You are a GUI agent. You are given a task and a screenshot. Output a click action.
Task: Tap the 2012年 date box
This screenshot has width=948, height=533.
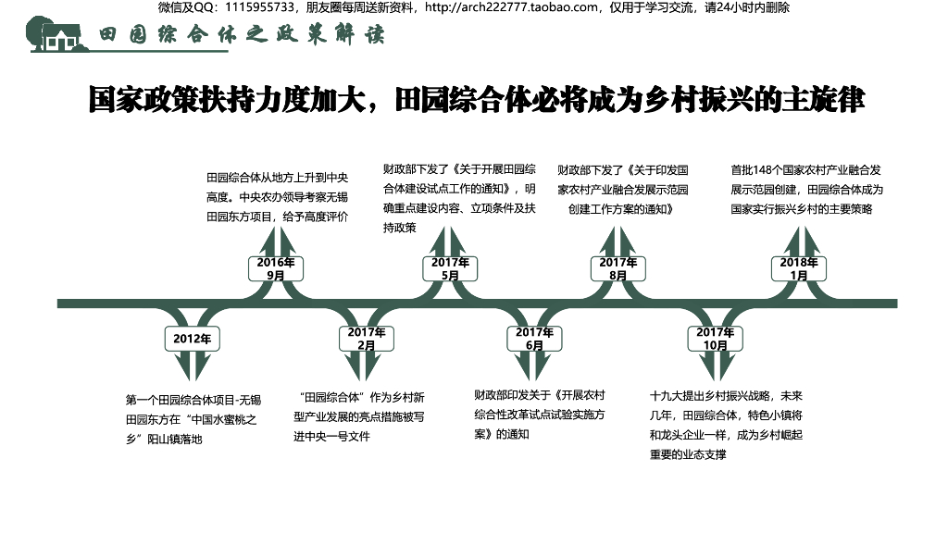(x=192, y=339)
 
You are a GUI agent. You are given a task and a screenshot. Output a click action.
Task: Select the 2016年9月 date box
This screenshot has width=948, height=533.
(x=276, y=268)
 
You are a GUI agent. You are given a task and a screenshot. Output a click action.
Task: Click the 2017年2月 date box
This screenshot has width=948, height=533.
(x=367, y=339)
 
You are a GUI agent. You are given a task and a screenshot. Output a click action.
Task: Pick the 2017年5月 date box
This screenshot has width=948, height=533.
(x=450, y=268)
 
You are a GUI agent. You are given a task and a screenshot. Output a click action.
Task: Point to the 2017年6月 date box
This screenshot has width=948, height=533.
(x=534, y=339)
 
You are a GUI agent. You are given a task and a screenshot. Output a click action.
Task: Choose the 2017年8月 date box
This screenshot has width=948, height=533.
(x=618, y=268)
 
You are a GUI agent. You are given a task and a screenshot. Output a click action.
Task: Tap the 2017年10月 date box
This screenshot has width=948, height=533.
(x=715, y=339)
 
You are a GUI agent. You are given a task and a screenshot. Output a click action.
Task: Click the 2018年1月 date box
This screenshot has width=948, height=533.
(x=799, y=268)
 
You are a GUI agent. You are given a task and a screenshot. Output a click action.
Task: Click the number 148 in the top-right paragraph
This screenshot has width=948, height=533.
(x=765, y=170)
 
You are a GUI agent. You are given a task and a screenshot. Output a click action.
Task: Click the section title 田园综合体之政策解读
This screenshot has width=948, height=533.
(x=241, y=35)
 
